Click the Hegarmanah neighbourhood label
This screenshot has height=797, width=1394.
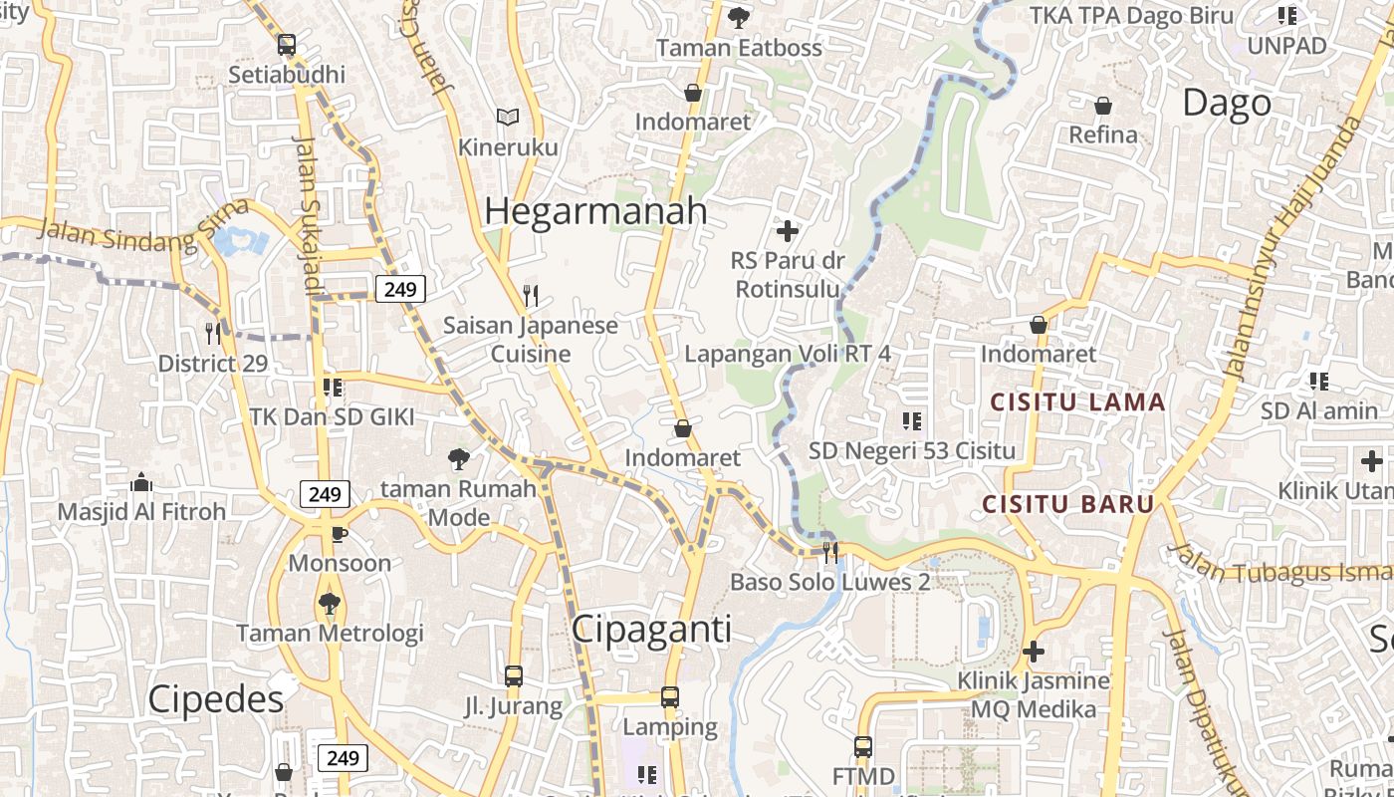click(x=595, y=211)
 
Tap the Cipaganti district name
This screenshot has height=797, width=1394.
click(x=651, y=630)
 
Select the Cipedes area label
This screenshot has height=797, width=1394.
click(x=216, y=699)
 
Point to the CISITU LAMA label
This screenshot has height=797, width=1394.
click(x=1077, y=402)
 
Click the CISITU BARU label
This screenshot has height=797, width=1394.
click(x=1068, y=504)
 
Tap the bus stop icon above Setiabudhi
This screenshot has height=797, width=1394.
click(x=287, y=45)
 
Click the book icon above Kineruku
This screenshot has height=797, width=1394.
click(x=508, y=118)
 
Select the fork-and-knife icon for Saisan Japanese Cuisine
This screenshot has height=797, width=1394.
click(x=531, y=295)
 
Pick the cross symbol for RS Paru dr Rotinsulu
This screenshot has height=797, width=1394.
click(x=788, y=231)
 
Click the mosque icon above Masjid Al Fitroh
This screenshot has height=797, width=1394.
click(x=141, y=483)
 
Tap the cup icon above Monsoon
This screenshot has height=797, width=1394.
click(x=340, y=533)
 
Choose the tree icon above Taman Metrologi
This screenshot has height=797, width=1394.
click(x=330, y=603)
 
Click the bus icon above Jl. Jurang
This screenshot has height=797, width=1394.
click(x=514, y=676)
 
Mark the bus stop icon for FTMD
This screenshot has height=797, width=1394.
click(x=863, y=746)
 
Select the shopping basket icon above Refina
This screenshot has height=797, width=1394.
click(x=1103, y=105)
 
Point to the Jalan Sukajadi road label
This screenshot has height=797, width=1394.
click(x=310, y=215)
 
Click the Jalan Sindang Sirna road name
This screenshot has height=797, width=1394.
click(x=143, y=224)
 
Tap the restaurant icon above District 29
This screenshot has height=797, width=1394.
click(x=213, y=333)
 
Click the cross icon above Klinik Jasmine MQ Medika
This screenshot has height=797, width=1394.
click(x=1034, y=652)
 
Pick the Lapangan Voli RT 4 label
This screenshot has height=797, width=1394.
click(x=788, y=354)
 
